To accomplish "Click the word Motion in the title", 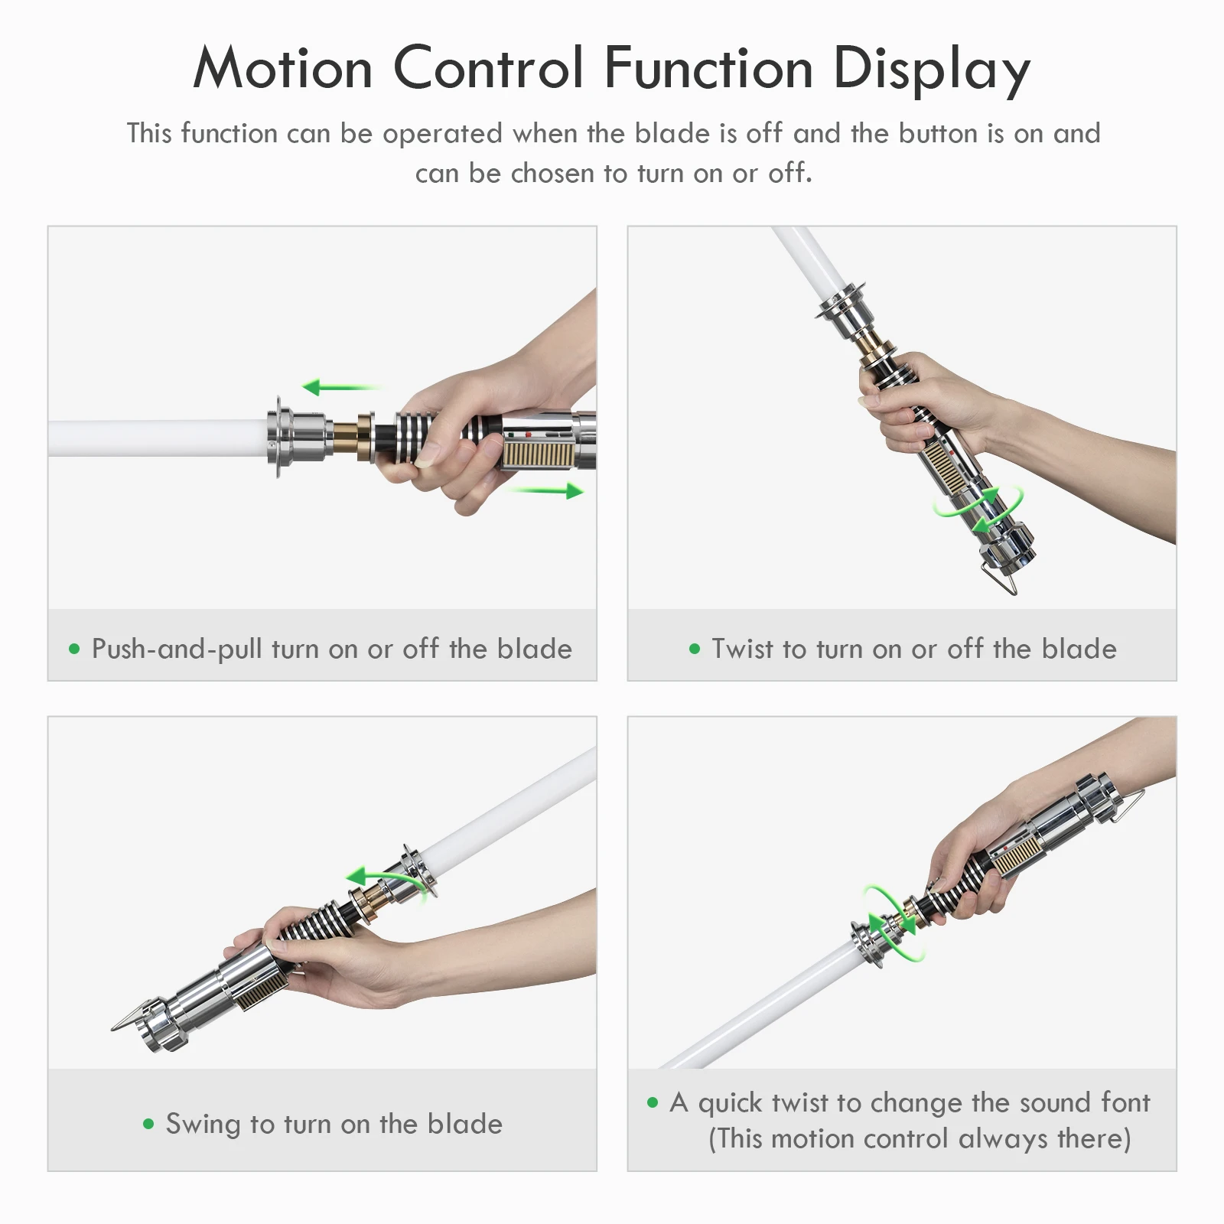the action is tap(282, 68).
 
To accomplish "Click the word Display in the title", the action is tap(932, 70).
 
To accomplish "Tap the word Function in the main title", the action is tap(708, 68).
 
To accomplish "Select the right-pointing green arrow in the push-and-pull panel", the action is tap(545, 490).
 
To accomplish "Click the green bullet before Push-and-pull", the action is tap(74, 649).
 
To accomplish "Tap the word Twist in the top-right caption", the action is tap(743, 649).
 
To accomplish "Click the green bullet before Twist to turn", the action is tap(695, 649).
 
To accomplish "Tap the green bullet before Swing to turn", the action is tap(148, 1124).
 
